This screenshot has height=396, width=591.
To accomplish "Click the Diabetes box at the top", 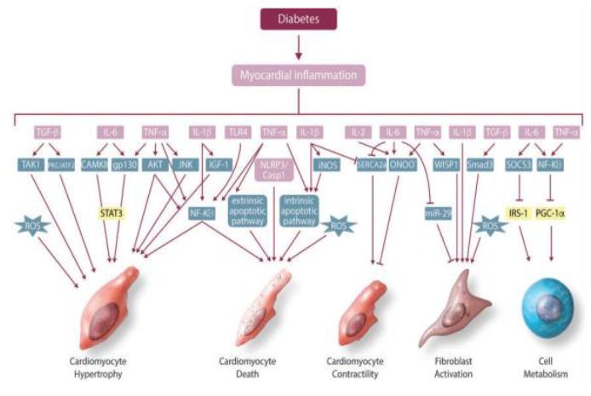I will click(x=295, y=17).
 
